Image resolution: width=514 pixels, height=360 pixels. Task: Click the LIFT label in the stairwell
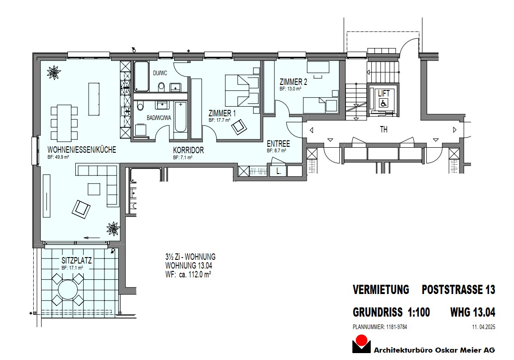pos(384,93)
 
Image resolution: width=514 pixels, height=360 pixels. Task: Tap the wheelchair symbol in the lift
pos(383,104)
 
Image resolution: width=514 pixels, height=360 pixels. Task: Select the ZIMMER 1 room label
pos(222,113)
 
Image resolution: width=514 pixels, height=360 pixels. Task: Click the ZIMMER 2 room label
pos(293,82)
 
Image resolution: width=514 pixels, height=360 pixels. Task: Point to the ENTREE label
pos(278,144)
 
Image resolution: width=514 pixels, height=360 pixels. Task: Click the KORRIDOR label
pos(188,150)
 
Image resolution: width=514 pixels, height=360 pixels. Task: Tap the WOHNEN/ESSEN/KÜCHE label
pos(82,150)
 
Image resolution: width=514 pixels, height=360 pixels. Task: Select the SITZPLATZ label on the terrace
pos(77,260)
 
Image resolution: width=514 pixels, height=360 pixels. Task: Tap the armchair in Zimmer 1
pos(238,127)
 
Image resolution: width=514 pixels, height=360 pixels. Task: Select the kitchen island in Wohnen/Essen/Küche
pos(94,99)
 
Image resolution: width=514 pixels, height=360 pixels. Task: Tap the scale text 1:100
pos(418,312)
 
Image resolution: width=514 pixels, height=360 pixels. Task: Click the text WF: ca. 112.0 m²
pos(188,274)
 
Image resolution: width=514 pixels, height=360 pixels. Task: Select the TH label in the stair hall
pos(383,130)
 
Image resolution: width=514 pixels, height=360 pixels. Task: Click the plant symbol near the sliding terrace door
pos(113,228)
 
